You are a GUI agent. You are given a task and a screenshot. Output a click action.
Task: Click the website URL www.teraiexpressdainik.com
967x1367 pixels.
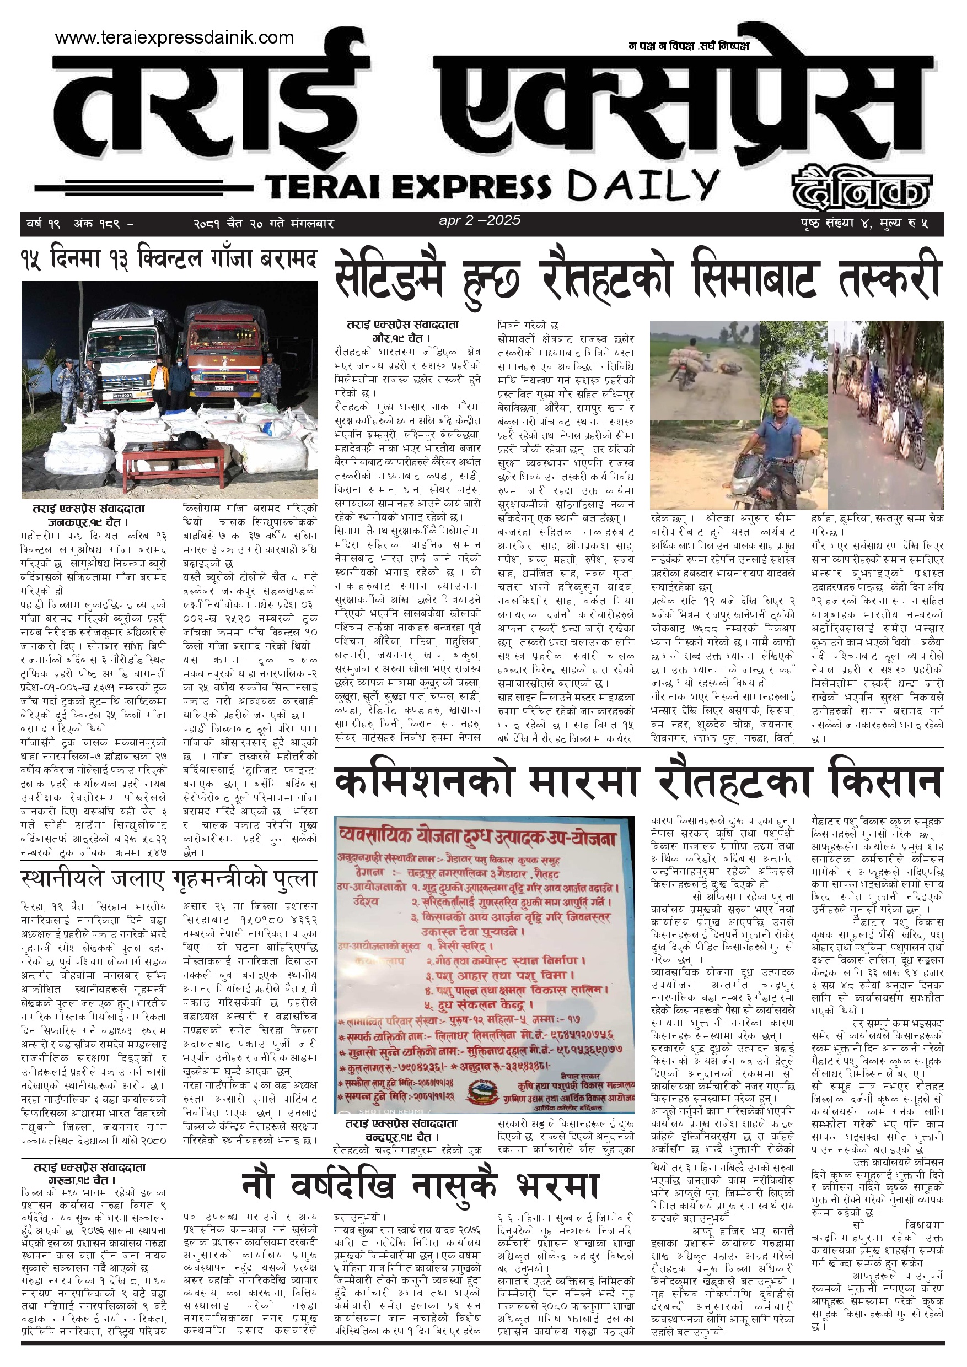point(174,37)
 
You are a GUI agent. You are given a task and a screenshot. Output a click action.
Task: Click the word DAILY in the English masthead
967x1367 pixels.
point(642,185)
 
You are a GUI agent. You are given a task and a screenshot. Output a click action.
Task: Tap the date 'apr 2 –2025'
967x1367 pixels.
point(480,220)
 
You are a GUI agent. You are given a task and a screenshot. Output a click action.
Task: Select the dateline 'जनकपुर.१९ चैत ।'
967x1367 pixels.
point(89,523)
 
